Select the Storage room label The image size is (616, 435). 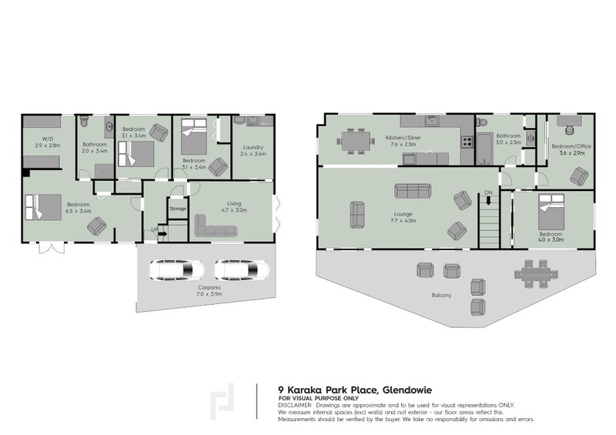pos(178,209)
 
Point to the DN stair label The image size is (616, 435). pos(488,192)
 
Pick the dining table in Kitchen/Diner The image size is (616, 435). pos(353,141)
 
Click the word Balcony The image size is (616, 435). pos(442,295)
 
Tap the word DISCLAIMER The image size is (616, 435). pos(295,404)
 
